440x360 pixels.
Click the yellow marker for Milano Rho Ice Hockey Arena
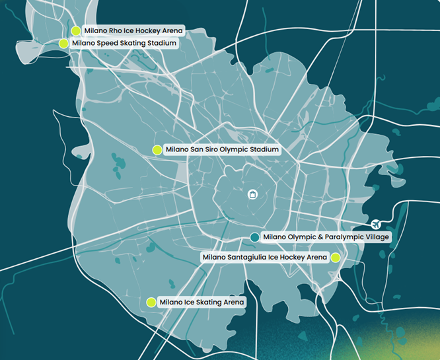pyautogui.click(x=76, y=30)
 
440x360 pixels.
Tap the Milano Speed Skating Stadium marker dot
pyautogui.click(x=63, y=44)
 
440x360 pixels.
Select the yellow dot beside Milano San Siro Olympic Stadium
pyautogui.click(x=157, y=150)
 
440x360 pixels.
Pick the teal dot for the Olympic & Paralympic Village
pyautogui.click(x=255, y=236)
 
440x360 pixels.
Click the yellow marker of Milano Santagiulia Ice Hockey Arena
pyautogui.click(x=336, y=258)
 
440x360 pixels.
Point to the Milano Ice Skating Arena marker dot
pyautogui.click(x=151, y=302)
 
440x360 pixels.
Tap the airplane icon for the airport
pyautogui.click(x=377, y=224)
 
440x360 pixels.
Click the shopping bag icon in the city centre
pyautogui.click(x=252, y=194)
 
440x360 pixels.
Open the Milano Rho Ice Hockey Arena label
pyautogui.click(x=133, y=30)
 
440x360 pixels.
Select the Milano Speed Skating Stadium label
pyautogui.click(x=124, y=44)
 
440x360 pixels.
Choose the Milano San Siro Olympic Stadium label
pyautogui.click(x=221, y=150)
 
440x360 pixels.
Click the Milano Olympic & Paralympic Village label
pyautogui.click(x=326, y=236)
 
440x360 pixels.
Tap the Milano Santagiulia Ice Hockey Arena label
pyautogui.click(x=264, y=258)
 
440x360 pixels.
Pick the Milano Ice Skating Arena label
pyautogui.click(x=202, y=302)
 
